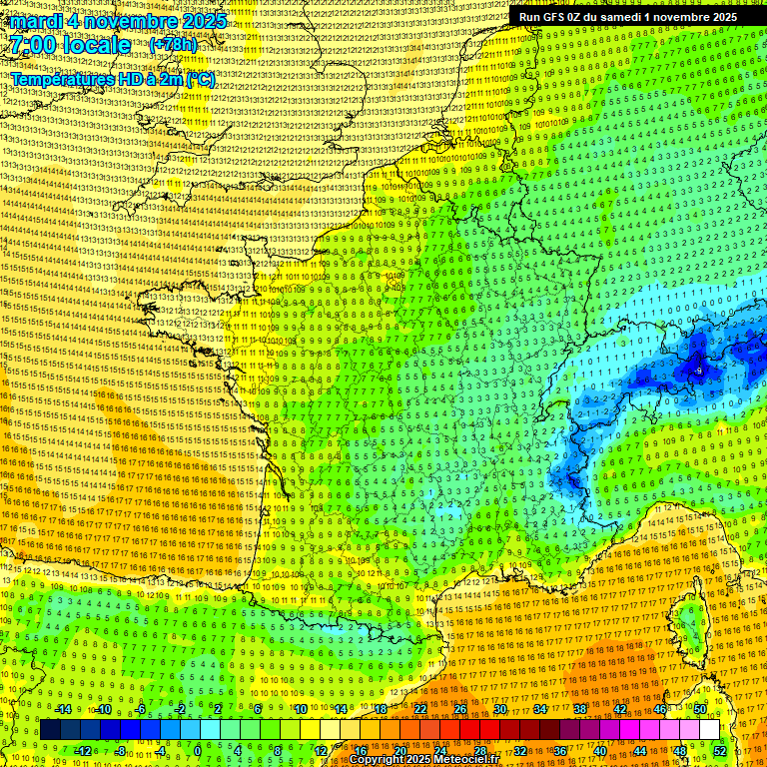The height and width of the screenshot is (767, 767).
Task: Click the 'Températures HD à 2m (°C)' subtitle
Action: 113,79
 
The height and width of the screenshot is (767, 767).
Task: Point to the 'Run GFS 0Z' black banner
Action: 627,16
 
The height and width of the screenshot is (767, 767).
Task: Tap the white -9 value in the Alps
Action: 699,370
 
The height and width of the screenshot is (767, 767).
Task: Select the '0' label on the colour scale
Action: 198,750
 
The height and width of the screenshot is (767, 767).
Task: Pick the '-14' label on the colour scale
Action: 63,709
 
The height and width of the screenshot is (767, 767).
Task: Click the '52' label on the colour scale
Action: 720,750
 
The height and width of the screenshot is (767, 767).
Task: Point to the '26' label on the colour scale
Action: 459,709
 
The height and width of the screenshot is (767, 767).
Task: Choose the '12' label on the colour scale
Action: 322,750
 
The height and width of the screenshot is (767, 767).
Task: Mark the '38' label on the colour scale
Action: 579,709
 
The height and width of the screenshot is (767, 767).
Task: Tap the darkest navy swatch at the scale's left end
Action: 49,730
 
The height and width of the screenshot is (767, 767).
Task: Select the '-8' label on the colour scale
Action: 121,750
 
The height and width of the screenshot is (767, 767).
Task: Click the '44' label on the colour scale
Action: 639,750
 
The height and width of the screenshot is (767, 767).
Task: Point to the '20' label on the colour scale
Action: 399,750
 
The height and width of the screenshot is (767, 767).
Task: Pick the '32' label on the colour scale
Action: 519,750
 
